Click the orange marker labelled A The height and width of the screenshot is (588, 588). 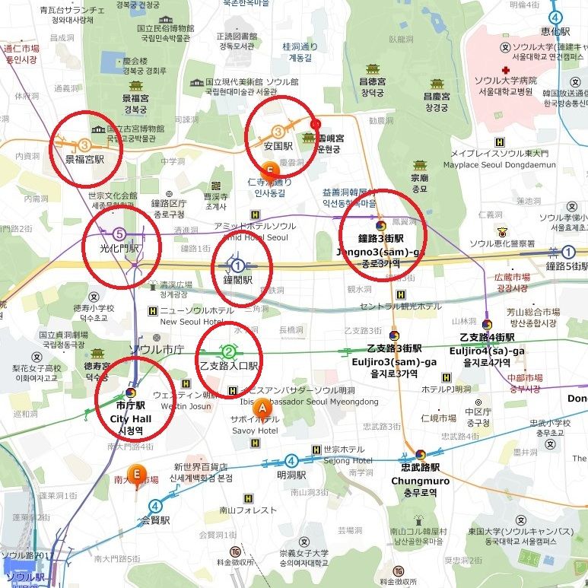(x=262, y=407)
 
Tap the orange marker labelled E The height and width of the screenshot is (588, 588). (x=137, y=473)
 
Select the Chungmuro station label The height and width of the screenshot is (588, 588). (x=420, y=481)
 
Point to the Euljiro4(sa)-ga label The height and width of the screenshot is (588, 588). (x=486, y=351)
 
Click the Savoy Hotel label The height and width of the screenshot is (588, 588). (x=255, y=431)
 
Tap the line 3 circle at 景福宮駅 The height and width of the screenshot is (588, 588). (x=84, y=145)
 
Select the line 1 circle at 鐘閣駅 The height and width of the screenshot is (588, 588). (x=237, y=265)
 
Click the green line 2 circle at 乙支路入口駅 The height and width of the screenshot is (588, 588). (x=228, y=351)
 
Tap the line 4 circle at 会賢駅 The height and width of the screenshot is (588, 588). (x=155, y=505)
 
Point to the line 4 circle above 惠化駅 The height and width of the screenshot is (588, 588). (x=555, y=17)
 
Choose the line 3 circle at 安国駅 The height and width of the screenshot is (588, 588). (x=278, y=131)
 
